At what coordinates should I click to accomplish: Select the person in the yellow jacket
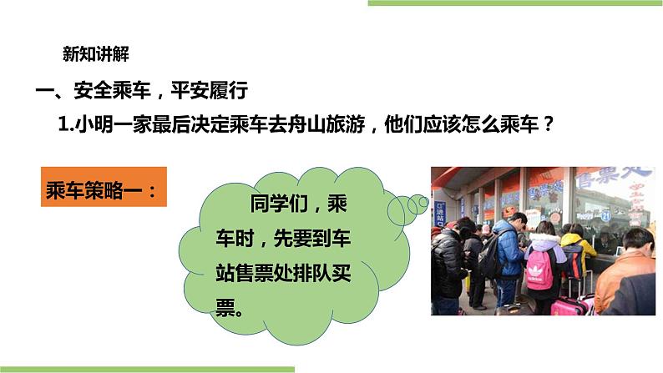tap(573, 250)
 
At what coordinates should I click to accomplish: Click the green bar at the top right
tap(514, 3)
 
